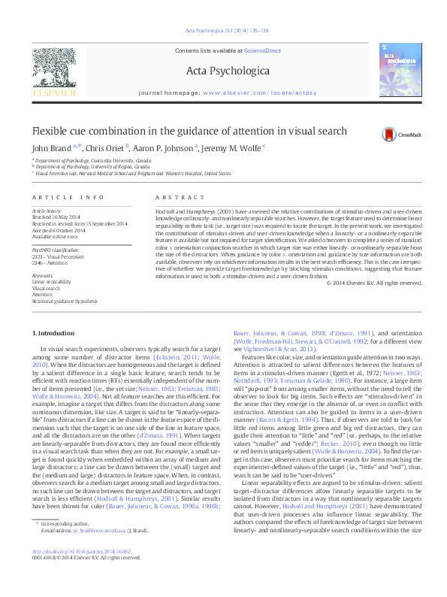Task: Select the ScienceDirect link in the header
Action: pos(262,50)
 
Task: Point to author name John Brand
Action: pos(52,148)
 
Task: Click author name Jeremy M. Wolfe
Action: pos(232,148)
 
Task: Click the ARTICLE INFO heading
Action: pos(68,198)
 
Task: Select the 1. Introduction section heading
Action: pos(54,332)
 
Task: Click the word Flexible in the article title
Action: pos(51,131)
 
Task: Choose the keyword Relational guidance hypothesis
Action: pos(65,301)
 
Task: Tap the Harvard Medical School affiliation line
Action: pos(131,173)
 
